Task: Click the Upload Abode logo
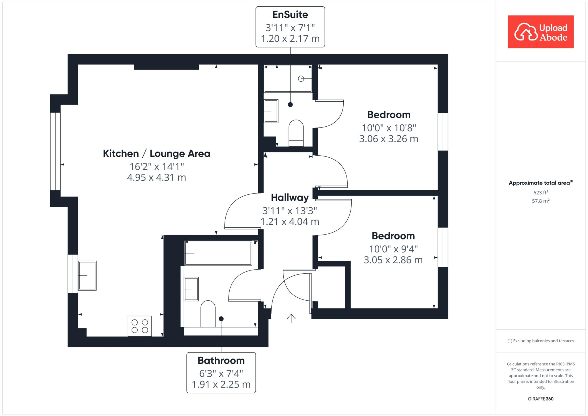coord(541,32)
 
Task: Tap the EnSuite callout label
coord(290,27)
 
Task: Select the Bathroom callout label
coord(221,373)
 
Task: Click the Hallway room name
coord(290,198)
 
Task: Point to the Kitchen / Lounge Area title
coord(156,154)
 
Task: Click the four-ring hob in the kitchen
coord(140,326)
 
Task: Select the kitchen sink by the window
coord(87,276)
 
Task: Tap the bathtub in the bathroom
coord(218,253)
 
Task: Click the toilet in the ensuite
coord(296,133)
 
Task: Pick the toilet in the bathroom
coord(208,314)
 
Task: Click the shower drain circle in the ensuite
coord(301,78)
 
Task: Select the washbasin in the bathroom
coord(191,289)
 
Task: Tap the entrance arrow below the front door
coord(291,318)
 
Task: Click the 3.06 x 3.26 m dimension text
coord(389,139)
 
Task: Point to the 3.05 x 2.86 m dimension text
coord(393,260)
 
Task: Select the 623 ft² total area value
coord(541,192)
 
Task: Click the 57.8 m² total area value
coord(541,201)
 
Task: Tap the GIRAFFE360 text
coord(541,399)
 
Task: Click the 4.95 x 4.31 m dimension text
coord(156,178)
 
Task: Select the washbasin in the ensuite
coord(271,111)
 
